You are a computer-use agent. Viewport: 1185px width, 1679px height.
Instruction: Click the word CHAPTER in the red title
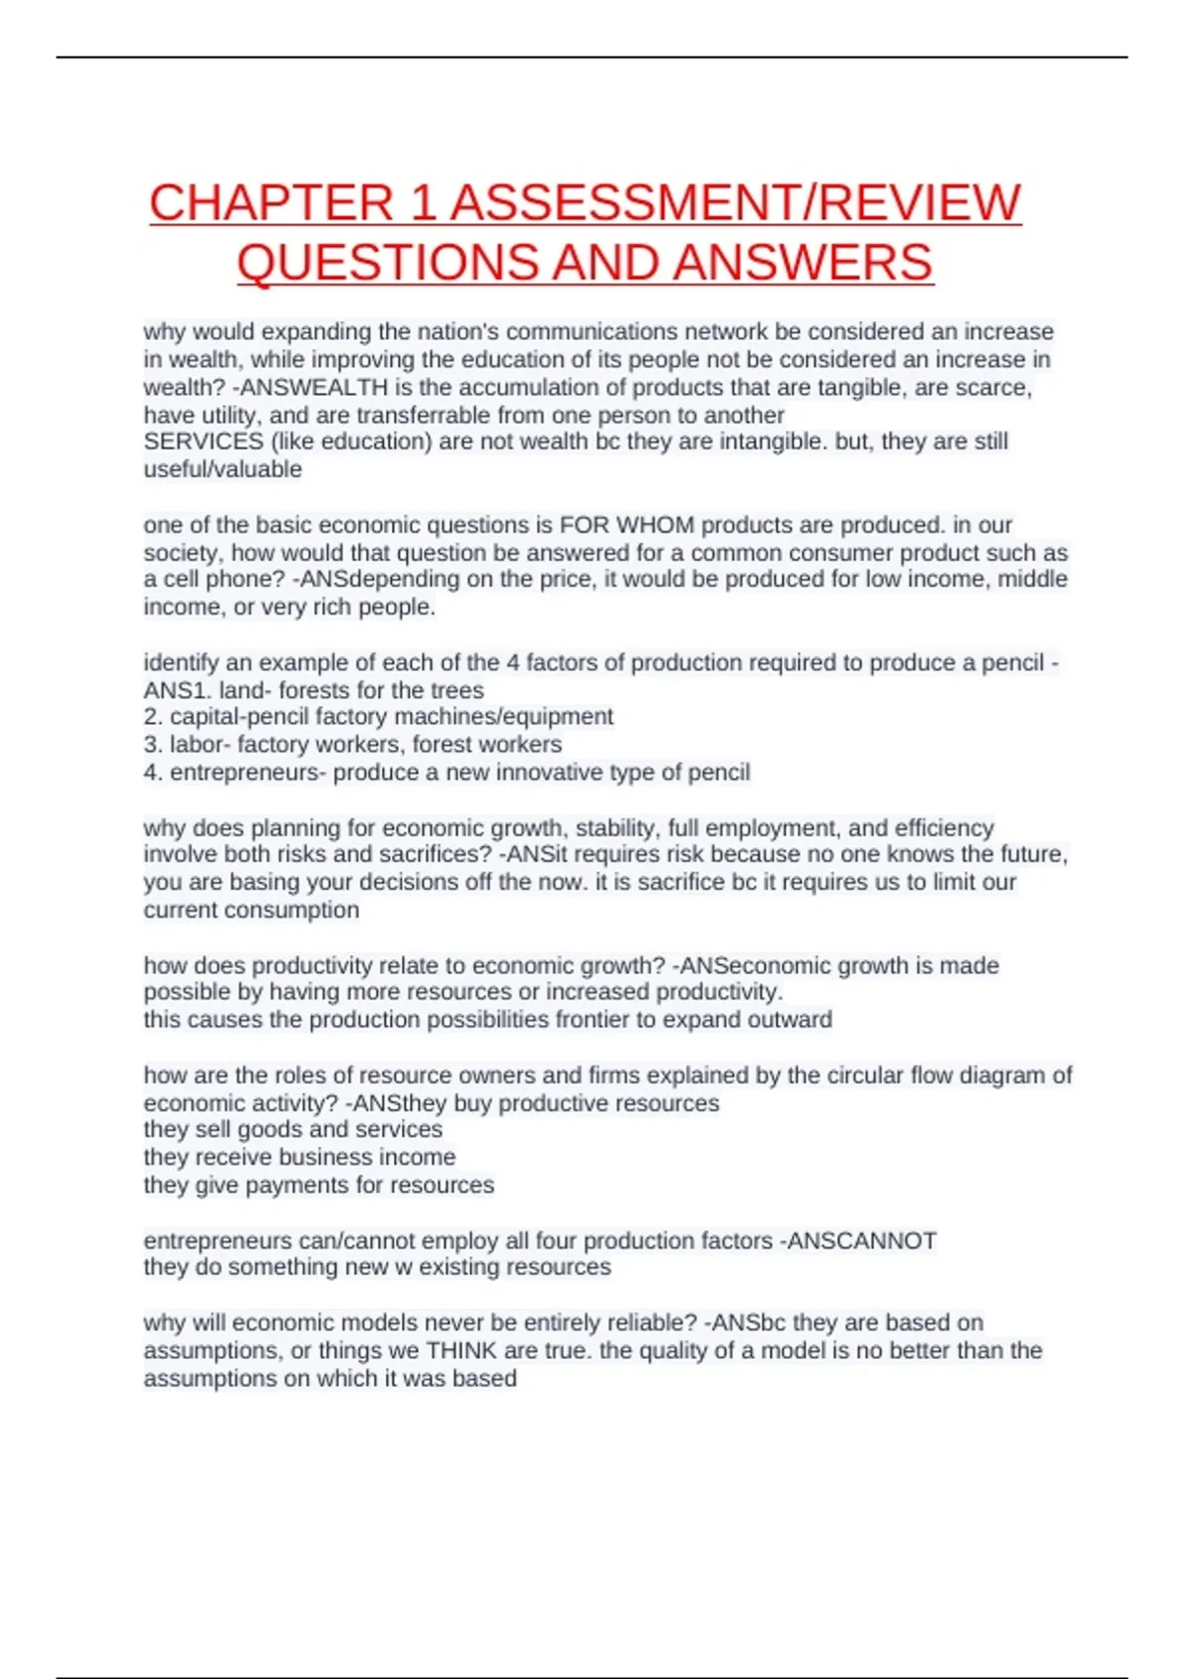pyautogui.click(x=271, y=202)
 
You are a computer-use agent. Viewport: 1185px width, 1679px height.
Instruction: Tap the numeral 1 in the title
pyautogui.click(x=423, y=202)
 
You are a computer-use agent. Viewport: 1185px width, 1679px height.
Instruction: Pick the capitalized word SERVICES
pyautogui.click(x=203, y=441)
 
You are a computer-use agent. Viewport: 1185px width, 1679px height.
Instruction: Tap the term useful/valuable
pyautogui.click(x=223, y=469)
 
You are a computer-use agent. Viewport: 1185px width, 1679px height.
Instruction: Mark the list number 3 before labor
pyautogui.click(x=152, y=745)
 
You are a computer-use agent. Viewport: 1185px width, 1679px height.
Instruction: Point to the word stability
pyautogui.click(x=613, y=828)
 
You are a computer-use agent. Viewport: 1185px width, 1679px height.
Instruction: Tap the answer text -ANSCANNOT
pyautogui.click(x=858, y=1240)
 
